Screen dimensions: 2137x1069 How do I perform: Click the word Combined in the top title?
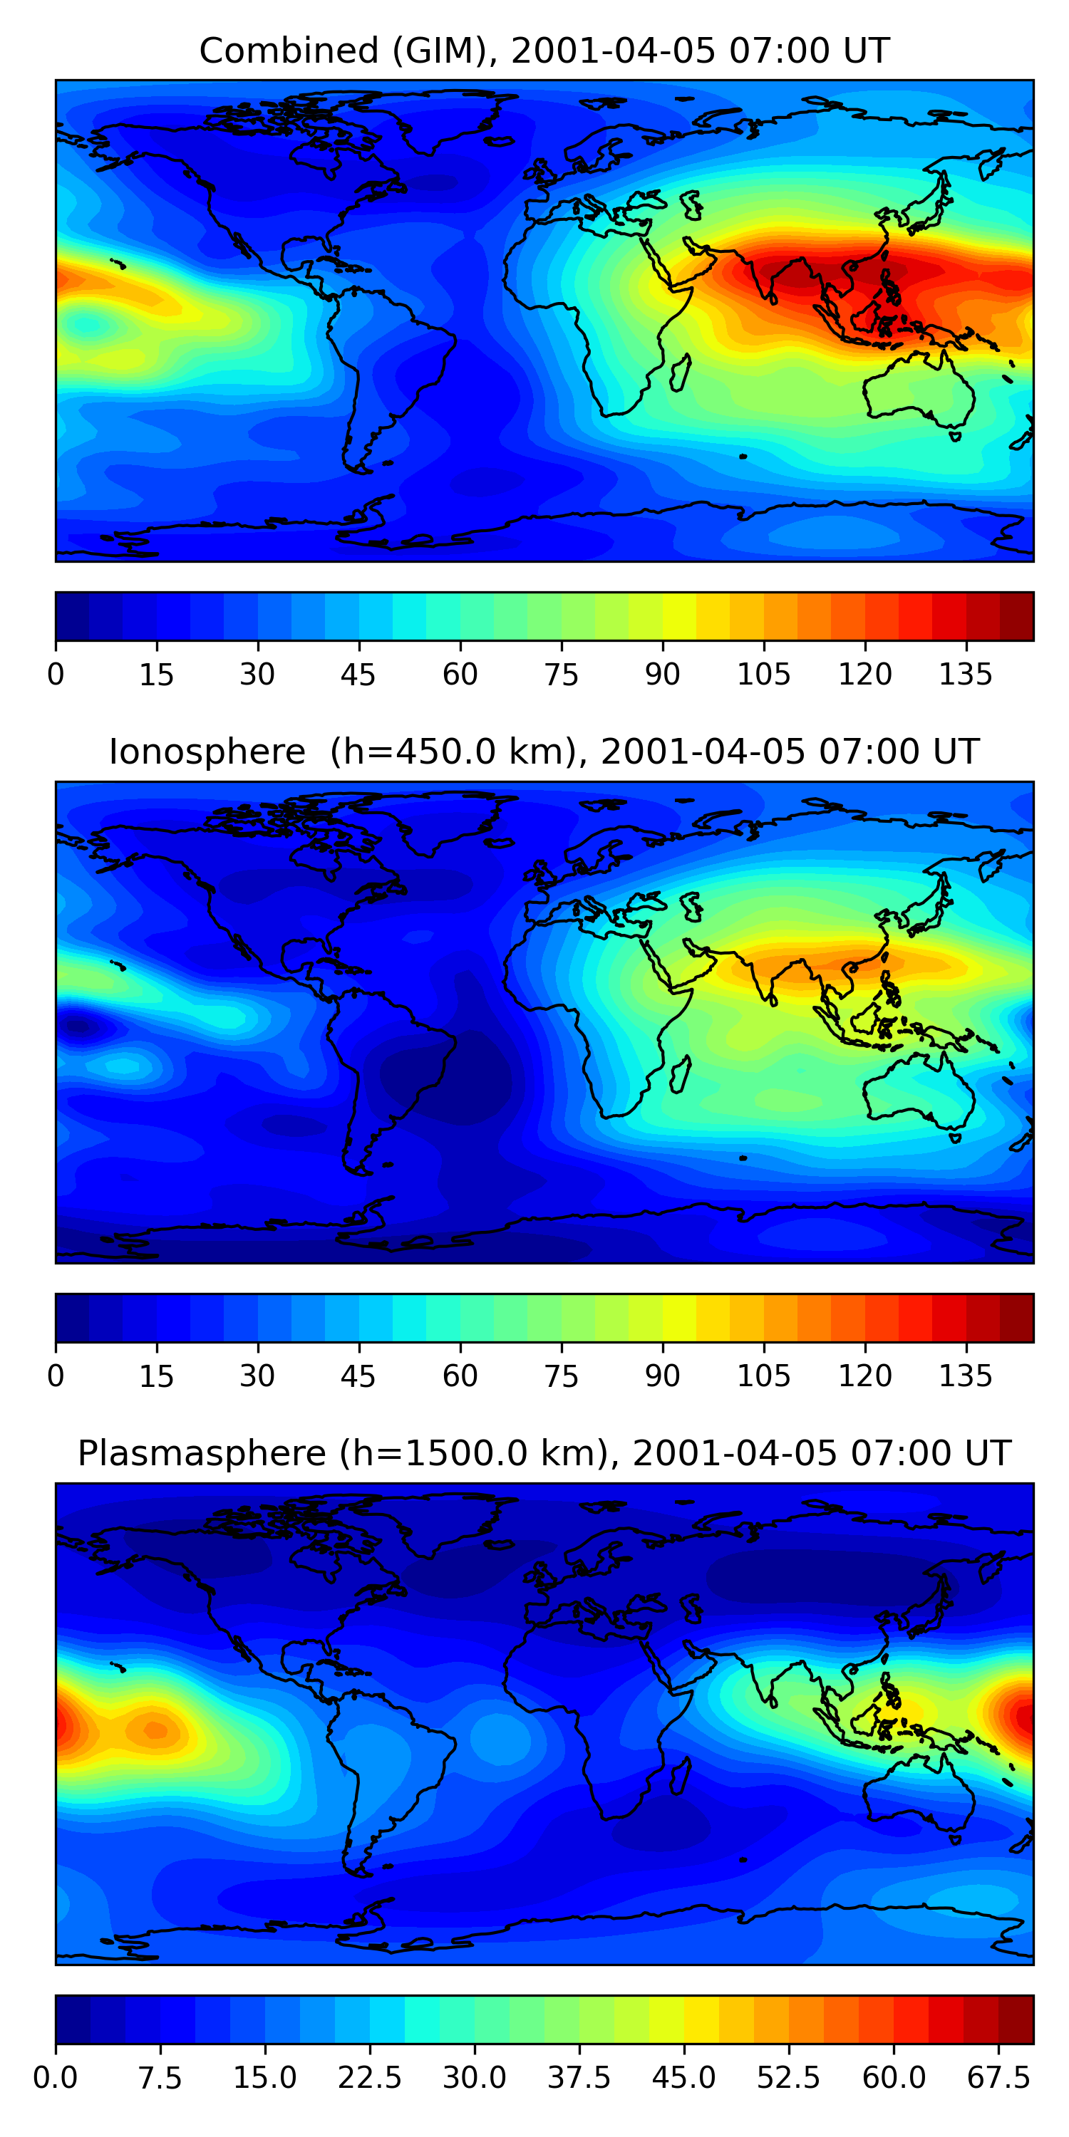click(x=288, y=51)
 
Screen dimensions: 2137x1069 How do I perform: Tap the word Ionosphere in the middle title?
click(x=207, y=752)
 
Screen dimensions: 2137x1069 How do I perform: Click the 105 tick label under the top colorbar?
click(x=763, y=675)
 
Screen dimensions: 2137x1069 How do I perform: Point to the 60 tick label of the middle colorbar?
click(x=460, y=1376)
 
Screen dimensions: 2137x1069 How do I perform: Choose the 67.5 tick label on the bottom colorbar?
click(x=998, y=2078)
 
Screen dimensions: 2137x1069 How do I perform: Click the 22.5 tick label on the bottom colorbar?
click(x=369, y=2078)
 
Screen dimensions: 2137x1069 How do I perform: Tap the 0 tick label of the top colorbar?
click(x=56, y=675)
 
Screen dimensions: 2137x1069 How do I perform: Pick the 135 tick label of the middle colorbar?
click(x=965, y=1376)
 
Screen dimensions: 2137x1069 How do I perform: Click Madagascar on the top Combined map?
click(x=680, y=373)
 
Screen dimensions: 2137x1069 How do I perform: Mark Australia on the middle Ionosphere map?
click(x=917, y=1088)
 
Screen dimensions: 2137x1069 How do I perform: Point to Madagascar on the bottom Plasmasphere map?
click(x=680, y=1775)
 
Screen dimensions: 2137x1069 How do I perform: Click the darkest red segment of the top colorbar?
click(x=1017, y=616)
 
